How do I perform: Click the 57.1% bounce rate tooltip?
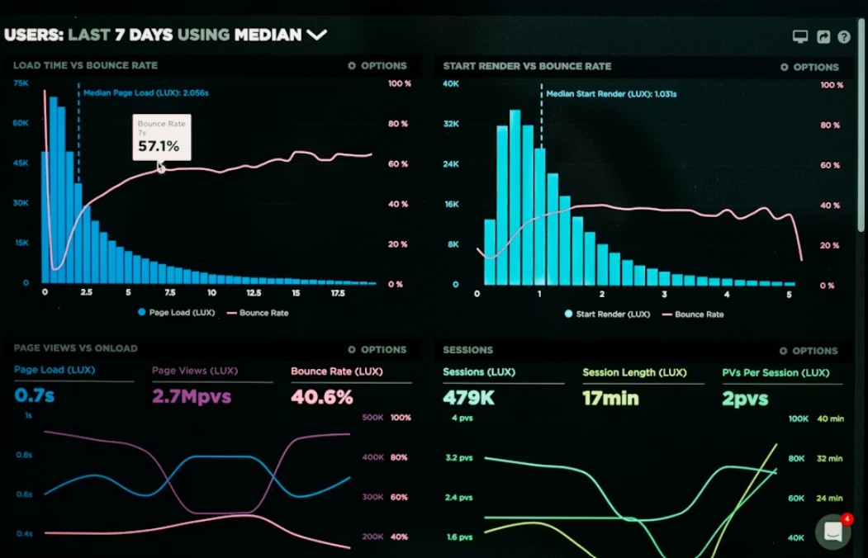162,137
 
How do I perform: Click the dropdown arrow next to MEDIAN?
317,35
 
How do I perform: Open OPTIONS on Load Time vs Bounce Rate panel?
377,65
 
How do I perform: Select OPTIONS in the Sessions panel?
809,350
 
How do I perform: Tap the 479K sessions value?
468,398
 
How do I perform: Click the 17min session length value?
610,398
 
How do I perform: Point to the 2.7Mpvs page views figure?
192,396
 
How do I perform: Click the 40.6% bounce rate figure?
321,396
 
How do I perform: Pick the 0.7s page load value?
34,395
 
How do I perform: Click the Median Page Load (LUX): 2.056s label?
145,93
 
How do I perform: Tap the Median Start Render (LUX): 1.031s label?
611,94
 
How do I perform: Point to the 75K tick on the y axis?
21,83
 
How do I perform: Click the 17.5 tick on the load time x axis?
338,293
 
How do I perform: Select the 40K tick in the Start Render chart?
450,83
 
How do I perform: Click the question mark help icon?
843,37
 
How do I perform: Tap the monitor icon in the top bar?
799,37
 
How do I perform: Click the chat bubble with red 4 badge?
833,532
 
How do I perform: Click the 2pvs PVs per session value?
745,399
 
